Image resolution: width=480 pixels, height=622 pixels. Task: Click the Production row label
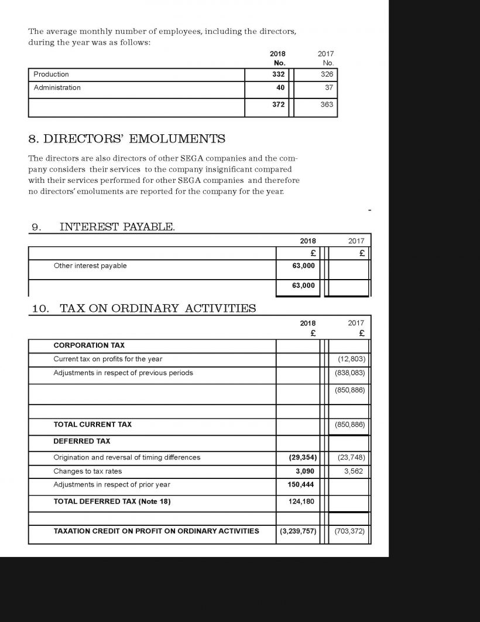coord(51,74)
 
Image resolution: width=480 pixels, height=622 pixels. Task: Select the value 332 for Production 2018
coord(279,74)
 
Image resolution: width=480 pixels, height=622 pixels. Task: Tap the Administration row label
coord(57,88)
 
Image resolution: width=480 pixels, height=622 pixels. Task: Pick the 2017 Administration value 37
coord(328,88)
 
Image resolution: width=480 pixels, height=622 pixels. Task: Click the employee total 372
coord(279,104)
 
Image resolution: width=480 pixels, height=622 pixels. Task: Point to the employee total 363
coord(327,104)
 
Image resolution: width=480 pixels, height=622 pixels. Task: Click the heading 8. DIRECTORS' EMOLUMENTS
coord(126,139)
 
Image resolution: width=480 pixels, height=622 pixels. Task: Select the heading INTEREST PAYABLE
coord(117,227)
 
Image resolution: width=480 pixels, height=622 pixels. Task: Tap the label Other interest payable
coord(90,266)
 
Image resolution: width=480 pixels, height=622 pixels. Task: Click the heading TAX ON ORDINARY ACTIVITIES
coord(157,308)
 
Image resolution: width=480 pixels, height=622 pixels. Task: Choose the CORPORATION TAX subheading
coord(89,345)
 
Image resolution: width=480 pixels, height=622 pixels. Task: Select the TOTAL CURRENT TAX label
coord(92,424)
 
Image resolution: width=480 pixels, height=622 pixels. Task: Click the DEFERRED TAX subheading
coord(82,441)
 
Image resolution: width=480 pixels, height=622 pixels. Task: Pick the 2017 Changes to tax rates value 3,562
coord(354,471)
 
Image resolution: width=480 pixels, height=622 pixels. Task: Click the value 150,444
coord(301,485)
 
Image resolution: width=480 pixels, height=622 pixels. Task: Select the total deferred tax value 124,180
coord(302,501)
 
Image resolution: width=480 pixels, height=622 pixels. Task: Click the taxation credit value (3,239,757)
coord(297,531)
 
